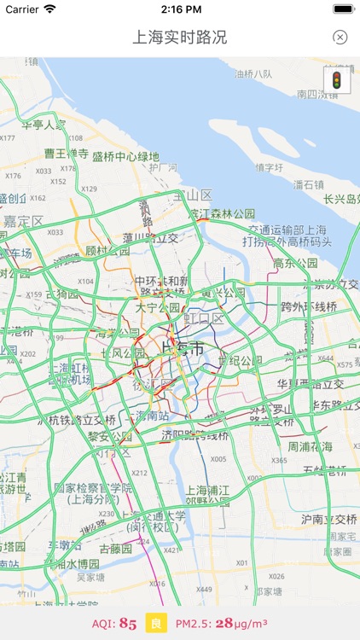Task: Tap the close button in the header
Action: tap(340, 38)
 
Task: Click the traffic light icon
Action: tap(336, 80)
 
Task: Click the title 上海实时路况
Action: tap(180, 38)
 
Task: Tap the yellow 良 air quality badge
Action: tap(156, 624)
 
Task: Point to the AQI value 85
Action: tap(128, 624)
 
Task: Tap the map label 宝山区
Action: tap(192, 195)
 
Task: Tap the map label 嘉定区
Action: tap(22, 221)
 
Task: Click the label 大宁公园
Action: tap(158, 307)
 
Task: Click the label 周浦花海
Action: tap(311, 446)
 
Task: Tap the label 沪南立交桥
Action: tap(328, 518)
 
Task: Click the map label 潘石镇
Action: tap(309, 184)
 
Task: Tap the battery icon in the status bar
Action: tap(343, 9)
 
